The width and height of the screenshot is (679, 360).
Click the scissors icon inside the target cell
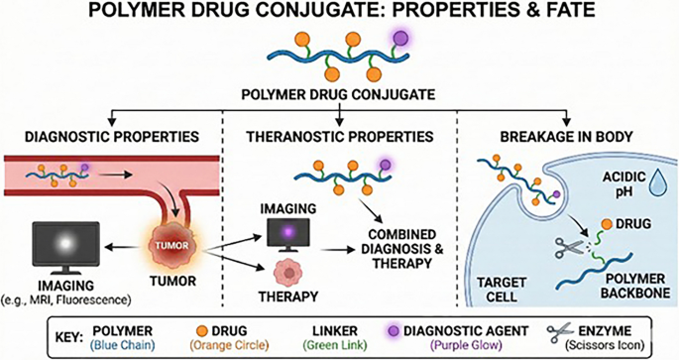(569, 247)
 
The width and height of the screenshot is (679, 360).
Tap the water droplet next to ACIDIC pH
(658, 183)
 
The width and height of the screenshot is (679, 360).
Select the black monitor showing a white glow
(65, 247)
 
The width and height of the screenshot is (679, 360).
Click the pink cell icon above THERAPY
(288, 272)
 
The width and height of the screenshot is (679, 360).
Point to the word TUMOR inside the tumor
(171, 246)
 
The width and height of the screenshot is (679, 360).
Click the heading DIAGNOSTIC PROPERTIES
(112, 137)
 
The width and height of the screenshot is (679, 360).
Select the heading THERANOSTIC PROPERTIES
(340, 137)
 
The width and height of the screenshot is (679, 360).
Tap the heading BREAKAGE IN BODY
(566, 137)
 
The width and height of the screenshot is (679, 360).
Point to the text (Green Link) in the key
(335, 345)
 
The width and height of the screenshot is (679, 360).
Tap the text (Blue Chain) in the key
(123, 345)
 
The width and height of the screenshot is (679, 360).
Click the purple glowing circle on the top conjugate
(400, 38)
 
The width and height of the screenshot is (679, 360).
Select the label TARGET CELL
(502, 290)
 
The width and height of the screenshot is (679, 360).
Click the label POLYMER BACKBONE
(635, 286)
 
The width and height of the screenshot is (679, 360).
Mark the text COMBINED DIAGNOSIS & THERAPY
(402, 249)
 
